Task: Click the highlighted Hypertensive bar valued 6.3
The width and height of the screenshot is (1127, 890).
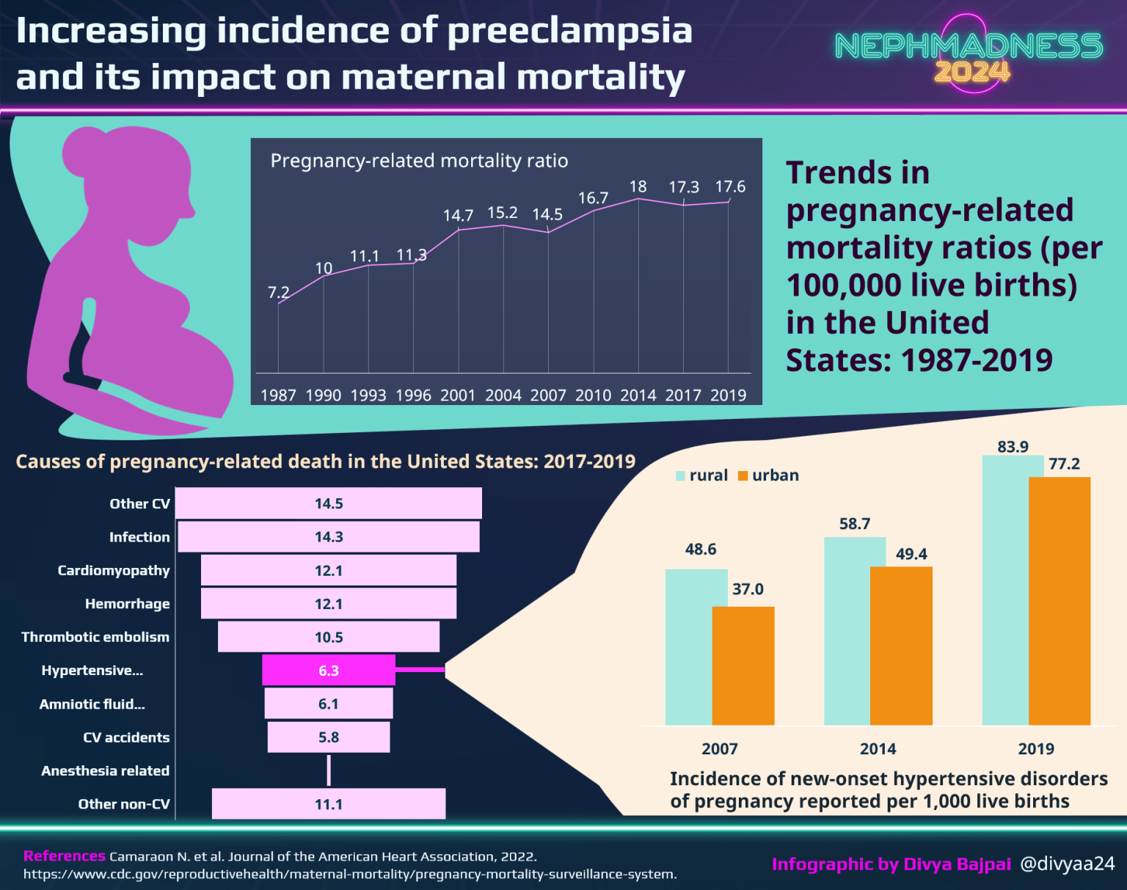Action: (329, 670)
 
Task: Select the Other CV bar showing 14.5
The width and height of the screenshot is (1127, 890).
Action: (329, 503)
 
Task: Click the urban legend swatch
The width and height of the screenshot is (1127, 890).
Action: (743, 475)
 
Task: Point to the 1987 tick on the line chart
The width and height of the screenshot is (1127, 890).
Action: (278, 395)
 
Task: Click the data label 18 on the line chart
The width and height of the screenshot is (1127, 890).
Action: (638, 186)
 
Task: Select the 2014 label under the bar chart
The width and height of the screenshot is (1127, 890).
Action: (878, 748)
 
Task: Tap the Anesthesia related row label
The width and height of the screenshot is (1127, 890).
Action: (105, 770)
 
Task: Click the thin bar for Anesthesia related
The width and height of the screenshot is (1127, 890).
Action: (329, 770)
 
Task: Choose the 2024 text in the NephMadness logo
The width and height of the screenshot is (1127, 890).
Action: (972, 72)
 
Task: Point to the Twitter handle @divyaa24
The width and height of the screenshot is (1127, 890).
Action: (1068, 864)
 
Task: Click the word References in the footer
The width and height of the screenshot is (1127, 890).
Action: (65, 856)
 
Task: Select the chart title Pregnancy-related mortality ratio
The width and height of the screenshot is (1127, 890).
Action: (419, 161)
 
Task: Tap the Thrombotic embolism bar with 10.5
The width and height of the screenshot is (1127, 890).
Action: (329, 637)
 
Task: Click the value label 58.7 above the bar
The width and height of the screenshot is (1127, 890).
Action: (855, 524)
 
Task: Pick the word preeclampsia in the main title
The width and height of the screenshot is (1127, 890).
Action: (570, 31)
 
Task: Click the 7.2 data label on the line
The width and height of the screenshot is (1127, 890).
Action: (278, 292)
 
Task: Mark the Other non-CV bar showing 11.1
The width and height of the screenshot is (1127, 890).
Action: (329, 804)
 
